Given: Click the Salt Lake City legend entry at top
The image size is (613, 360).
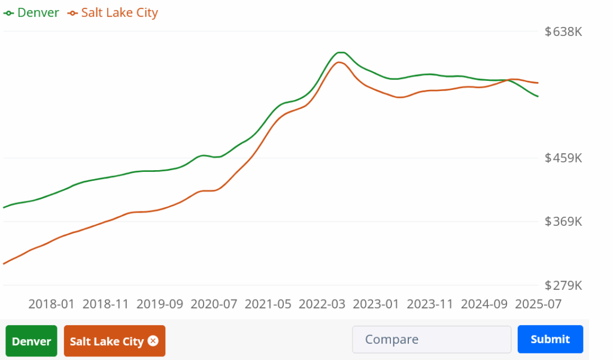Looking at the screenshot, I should tap(113, 13).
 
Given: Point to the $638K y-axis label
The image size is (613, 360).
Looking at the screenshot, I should tap(563, 32).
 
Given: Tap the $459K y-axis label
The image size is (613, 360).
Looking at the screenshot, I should tap(563, 158).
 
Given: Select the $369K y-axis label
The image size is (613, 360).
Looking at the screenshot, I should tap(563, 222).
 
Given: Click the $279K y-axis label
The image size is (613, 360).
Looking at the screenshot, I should tap(563, 285).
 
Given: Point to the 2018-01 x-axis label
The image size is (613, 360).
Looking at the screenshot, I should tap(51, 304).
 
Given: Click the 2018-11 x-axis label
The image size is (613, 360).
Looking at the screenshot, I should tap(106, 304).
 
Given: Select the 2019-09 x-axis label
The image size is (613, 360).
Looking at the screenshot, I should tap(160, 304).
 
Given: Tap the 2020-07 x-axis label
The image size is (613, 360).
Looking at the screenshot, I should tap(214, 304).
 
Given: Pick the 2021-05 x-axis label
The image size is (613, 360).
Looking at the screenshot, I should tap(268, 304).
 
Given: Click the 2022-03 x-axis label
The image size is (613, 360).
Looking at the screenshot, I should tap(322, 304).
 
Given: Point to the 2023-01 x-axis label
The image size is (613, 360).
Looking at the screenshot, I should tap(376, 304).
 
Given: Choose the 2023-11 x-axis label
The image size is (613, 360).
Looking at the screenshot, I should tap(430, 304).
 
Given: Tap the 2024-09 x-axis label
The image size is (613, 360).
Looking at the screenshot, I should tap(484, 304).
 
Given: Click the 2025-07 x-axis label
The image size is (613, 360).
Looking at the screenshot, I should tap(538, 304).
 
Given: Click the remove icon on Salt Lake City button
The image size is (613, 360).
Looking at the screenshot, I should tap(153, 341).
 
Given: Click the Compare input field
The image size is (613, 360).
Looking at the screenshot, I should tap(431, 340).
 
